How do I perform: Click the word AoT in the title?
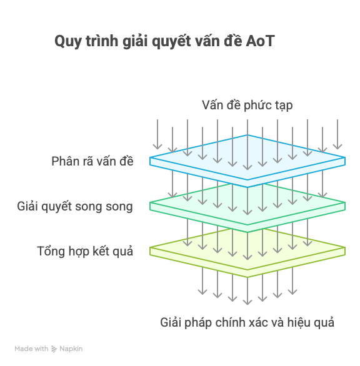[x=260, y=41]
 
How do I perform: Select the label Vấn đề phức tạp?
[x=247, y=106]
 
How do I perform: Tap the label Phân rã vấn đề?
[x=92, y=161]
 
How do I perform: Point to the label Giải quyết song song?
[x=75, y=207]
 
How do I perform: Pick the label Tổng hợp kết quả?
[x=85, y=252]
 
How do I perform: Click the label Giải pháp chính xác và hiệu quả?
[x=247, y=322]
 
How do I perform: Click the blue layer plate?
[x=247, y=161]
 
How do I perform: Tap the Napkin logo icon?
[x=54, y=349]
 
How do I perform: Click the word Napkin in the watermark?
[x=71, y=349]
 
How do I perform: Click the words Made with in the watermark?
[x=31, y=349]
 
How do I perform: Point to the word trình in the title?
[x=102, y=41]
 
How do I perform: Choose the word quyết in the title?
[x=171, y=42]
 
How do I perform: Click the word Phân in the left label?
[x=63, y=161]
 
